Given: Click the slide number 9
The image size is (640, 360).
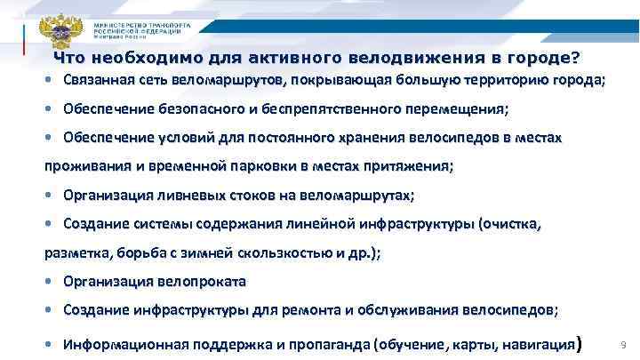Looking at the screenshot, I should click(621, 343).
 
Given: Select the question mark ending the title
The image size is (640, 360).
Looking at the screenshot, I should click(576, 59).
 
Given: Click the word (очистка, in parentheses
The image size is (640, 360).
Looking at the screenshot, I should click(509, 224).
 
